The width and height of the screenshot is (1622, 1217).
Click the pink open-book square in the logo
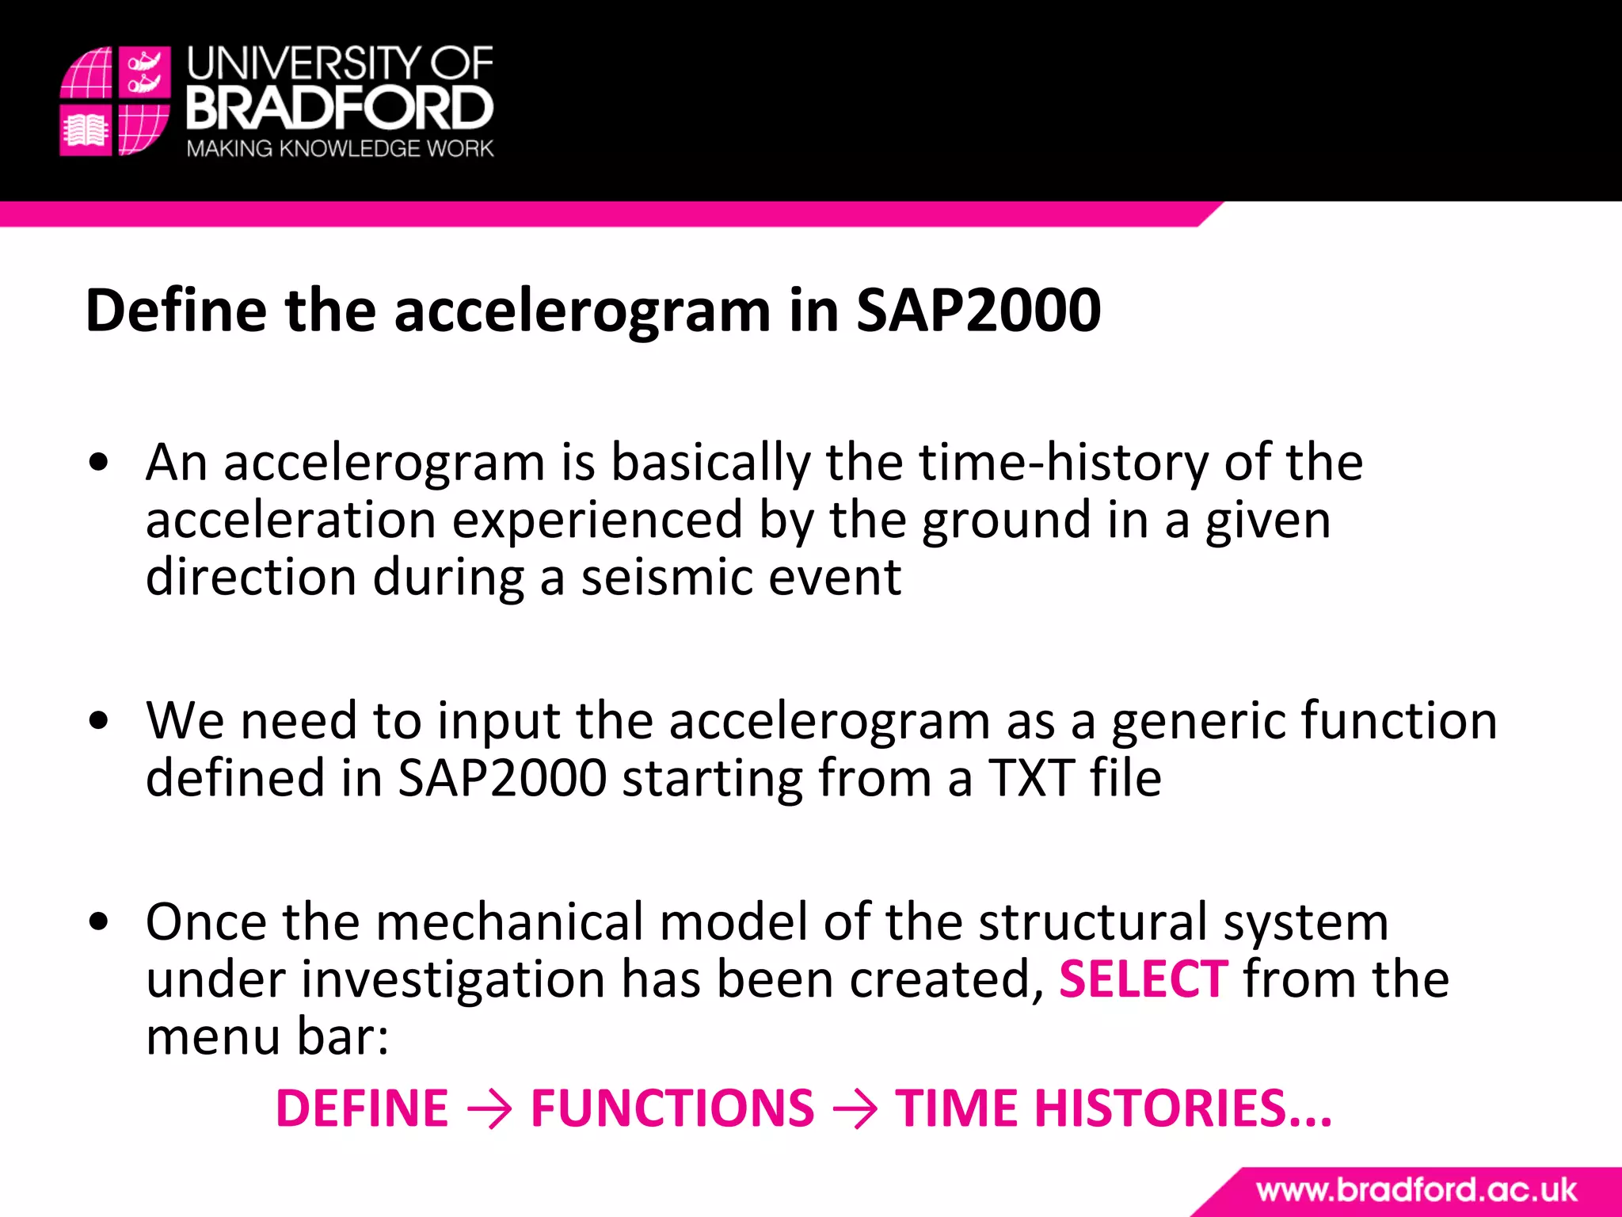click(86, 130)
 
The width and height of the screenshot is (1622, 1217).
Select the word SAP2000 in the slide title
click(978, 311)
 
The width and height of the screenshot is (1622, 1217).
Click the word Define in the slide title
click(176, 311)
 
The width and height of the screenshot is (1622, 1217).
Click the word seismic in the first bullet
click(667, 578)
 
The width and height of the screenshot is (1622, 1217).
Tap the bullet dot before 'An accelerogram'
click(99, 464)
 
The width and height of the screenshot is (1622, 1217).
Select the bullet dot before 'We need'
click(99, 722)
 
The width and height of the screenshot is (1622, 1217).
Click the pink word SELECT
click(1143, 980)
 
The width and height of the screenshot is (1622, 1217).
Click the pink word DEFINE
click(362, 1108)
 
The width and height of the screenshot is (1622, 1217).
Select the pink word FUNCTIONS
click(672, 1108)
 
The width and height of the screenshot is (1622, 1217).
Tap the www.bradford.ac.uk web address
click(1416, 1191)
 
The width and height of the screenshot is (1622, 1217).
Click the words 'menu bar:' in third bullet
click(268, 1037)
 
